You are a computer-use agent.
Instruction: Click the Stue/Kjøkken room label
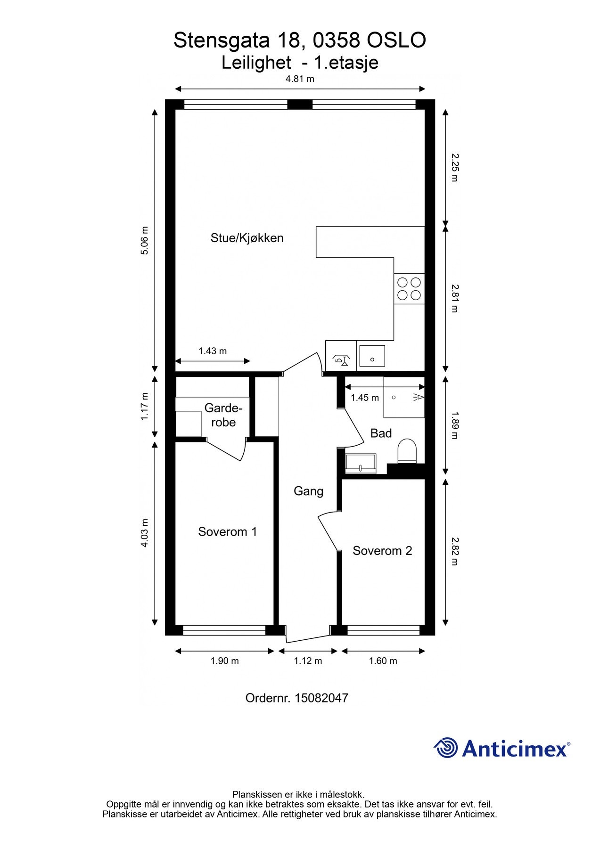247,238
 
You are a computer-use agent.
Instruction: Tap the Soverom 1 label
228,532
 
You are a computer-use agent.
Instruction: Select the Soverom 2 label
382,551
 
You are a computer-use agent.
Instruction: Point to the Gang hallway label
308,491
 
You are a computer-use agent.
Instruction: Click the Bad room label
381,433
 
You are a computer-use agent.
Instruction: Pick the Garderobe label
223,415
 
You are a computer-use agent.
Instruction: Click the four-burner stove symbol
409,289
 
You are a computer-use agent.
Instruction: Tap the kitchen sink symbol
372,356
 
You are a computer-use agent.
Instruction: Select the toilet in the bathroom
408,451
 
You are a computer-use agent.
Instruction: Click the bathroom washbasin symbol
361,464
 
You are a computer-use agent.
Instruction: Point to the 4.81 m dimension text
300,79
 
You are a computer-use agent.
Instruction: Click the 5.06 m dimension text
145,241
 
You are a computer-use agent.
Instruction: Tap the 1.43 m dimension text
213,351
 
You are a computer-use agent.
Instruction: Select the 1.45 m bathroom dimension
365,398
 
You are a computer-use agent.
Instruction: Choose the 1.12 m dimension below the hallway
308,661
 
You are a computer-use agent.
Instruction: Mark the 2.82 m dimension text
454,551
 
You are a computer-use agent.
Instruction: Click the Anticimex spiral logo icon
446,748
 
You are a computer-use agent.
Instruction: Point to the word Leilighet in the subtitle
256,63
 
